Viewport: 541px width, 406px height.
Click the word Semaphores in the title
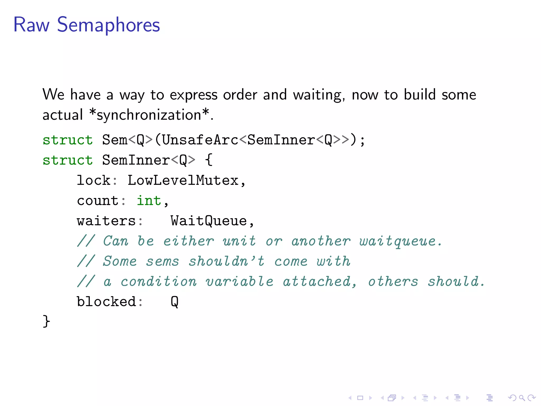click(x=108, y=25)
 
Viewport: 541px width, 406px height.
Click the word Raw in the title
click(x=31, y=25)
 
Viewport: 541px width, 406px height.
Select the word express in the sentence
click(x=193, y=95)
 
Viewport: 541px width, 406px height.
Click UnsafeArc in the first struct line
click(x=200, y=140)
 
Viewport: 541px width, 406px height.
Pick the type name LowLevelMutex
click(x=183, y=181)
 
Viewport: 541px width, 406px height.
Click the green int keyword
click(x=149, y=201)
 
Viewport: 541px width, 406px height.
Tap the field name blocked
click(x=106, y=302)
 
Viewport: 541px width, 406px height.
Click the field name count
click(x=97, y=201)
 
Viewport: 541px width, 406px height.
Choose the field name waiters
click(x=106, y=221)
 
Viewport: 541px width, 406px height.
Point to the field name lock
click(x=94, y=181)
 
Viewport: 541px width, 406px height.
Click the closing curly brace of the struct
click(x=46, y=321)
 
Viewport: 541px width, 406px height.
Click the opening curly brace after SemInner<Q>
click(x=209, y=160)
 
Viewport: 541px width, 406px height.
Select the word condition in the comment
click(x=158, y=282)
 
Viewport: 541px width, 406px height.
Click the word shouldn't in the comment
click(x=226, y=261)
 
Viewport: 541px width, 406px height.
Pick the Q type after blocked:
click(x=175, y=302)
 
